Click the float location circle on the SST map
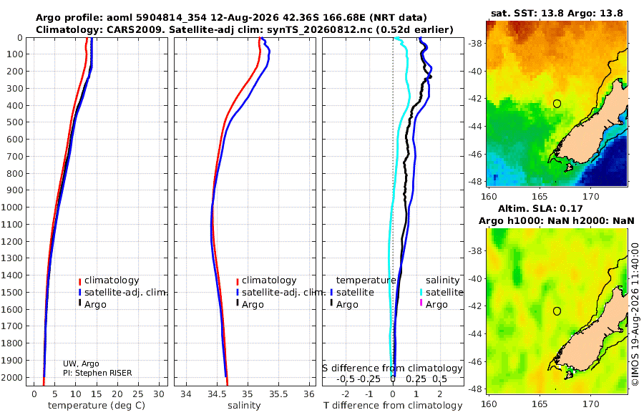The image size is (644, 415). point(557,104)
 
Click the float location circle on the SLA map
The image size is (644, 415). point(557,311)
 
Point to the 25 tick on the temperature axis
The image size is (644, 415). point(138,394)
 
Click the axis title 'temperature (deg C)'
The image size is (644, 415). point(97,406)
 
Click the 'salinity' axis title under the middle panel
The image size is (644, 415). point(244,406)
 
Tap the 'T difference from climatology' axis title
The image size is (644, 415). point(393,406)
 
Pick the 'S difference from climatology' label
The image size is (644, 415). point(392,368)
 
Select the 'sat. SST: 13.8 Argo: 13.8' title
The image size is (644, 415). point(557,13)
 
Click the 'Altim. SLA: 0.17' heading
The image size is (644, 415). point(540,209)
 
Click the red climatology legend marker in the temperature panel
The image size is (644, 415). point(79,281)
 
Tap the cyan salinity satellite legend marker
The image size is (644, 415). point(421,293)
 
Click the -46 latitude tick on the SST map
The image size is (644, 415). point(476,155)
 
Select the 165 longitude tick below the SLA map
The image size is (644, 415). point(540,404)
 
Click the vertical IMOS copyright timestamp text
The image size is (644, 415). point(635,314)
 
